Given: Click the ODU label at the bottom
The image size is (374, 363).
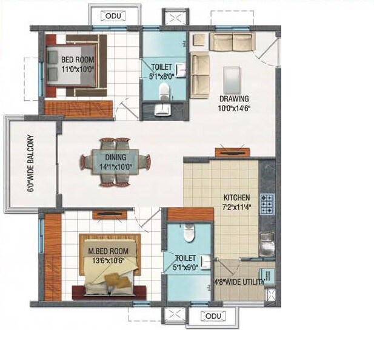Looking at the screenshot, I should pyautogui.click(x=212, y=316).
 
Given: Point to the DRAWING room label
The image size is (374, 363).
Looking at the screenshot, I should pyautogui.click(x=234, y=103).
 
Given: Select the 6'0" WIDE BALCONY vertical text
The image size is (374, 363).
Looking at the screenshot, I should pyautogui.click(x=30, y=163).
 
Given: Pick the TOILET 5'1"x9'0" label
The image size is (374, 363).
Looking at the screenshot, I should pyautogui.click(x=185, y=262).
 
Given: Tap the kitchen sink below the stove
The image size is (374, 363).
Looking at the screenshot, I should pyautogui.click(x=267, y=243).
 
